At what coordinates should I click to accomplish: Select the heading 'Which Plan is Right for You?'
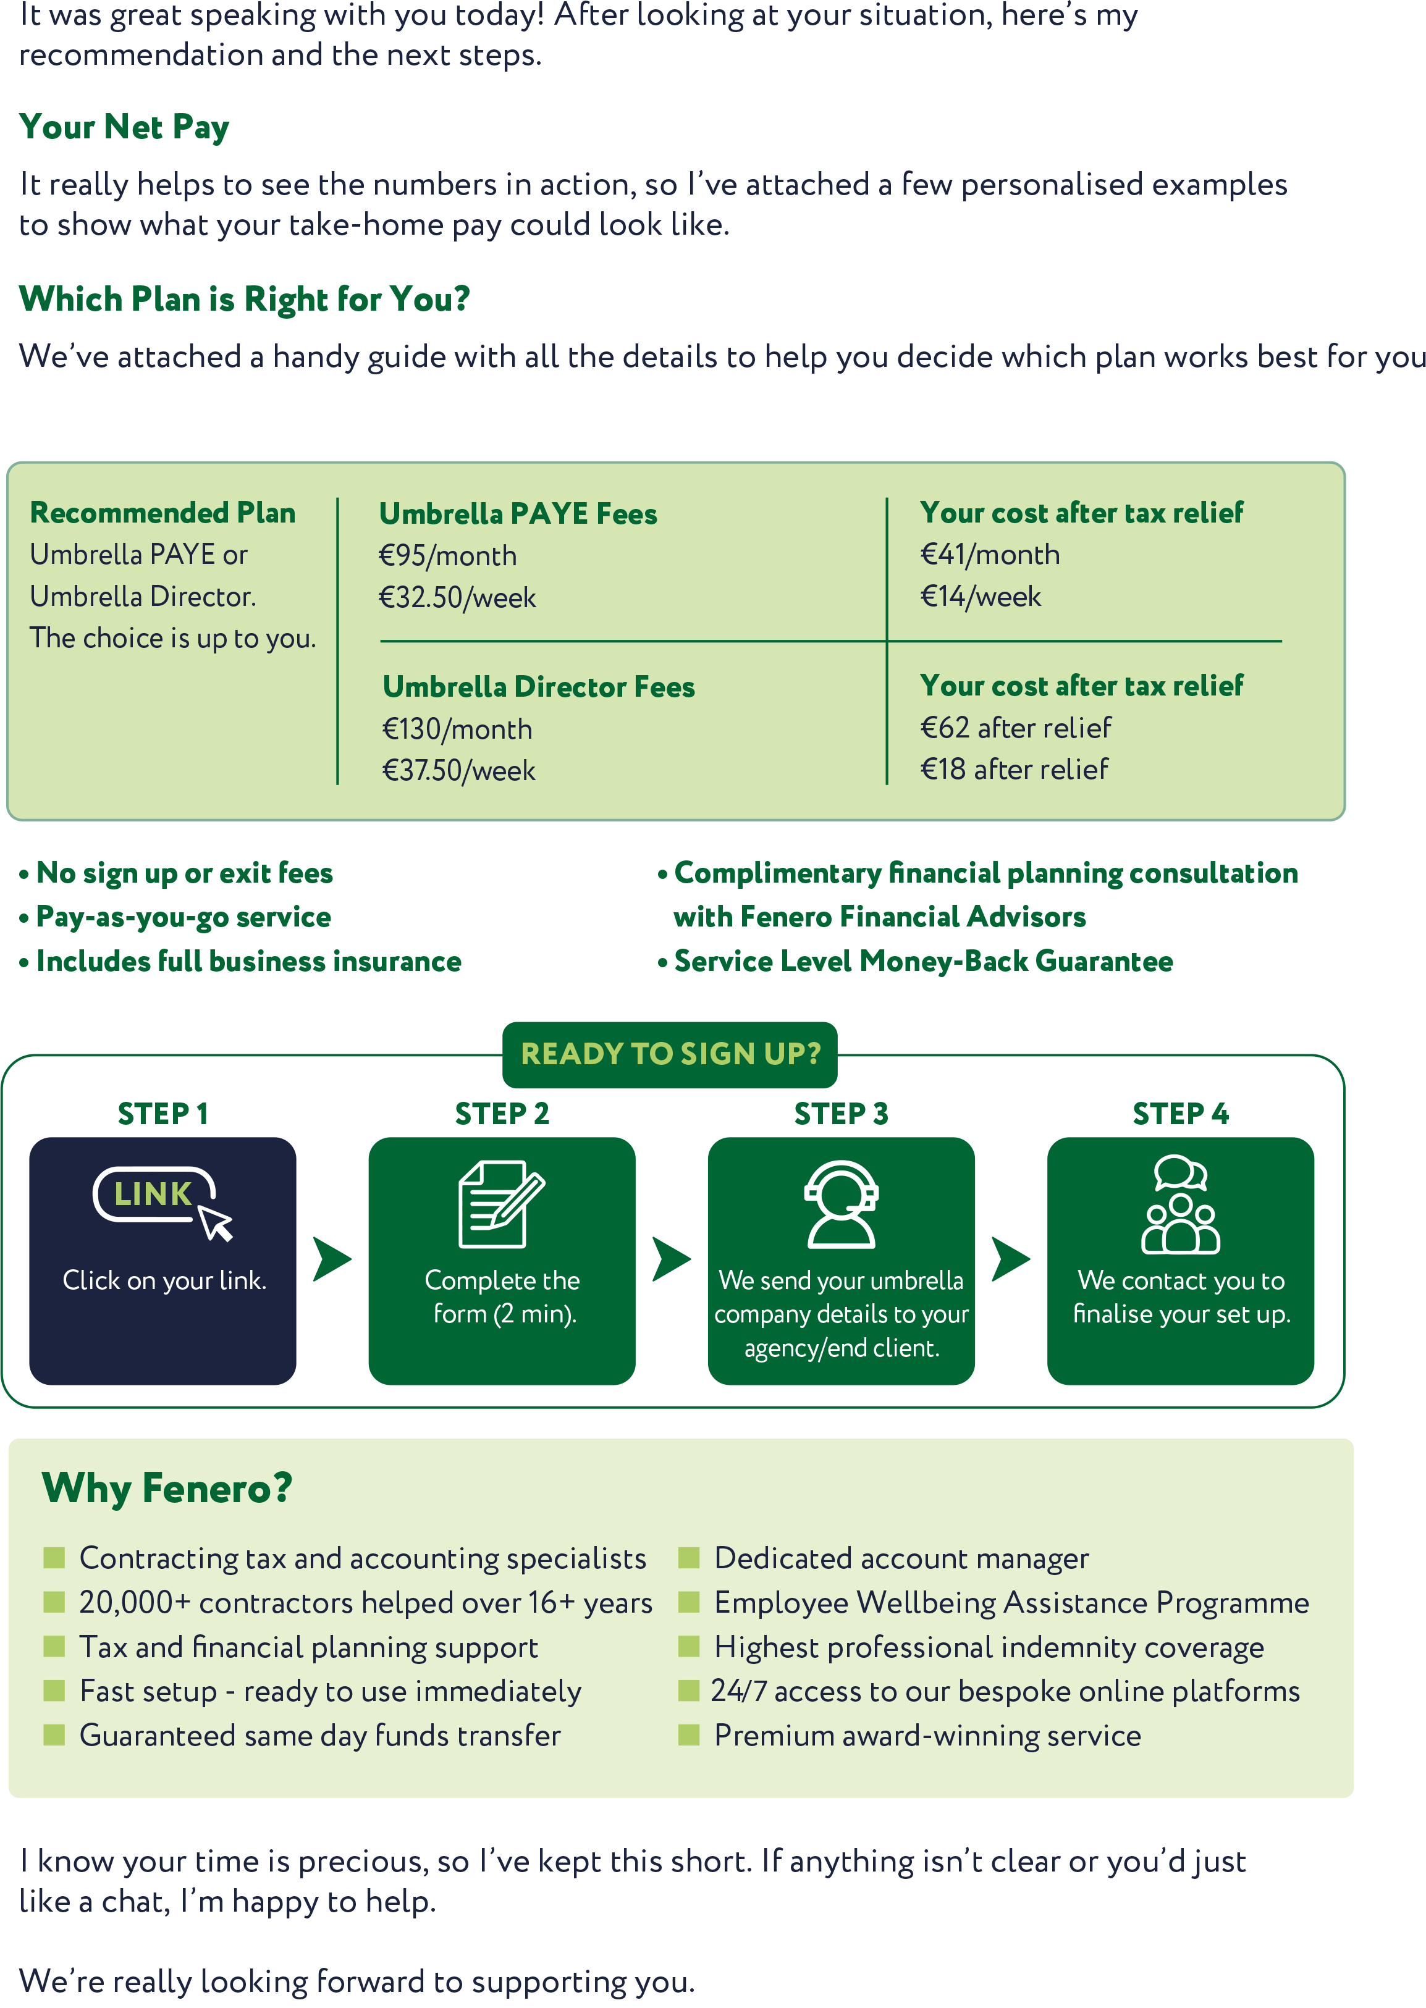pyautogui.click(x=244, y=300)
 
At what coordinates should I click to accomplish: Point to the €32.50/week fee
pyautogui.click(x=457, y=598)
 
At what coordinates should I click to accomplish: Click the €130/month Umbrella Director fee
pyautogui.click(x=457, y=729)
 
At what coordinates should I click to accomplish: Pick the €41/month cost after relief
pyautogui.click(x=990, y=555)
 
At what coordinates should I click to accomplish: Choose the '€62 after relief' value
pyautogui.click(x=1015, y=728)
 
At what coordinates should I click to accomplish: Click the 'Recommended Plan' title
pyautogui.click(x=162, y=513)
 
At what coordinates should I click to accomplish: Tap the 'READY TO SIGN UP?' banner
pyautogui.click(x=670, y=1053)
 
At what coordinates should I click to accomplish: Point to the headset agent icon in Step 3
pyautogui.click(x=840, y=1203)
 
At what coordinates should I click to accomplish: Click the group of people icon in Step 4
pyautogui.click(x=1180, y=1203)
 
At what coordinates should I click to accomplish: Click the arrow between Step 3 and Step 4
pyautogui.click(x=1011, y=1259)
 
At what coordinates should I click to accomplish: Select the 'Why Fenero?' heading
pyautogui.click(x=167, y=1489)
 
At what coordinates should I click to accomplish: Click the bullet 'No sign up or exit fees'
pyautogui.click(x=184, y=873)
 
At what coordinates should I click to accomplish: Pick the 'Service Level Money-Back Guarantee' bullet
pyautogui.click(x=923, y=961)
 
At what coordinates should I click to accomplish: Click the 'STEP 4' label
pyautogui.click(x=1180, y=1114)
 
